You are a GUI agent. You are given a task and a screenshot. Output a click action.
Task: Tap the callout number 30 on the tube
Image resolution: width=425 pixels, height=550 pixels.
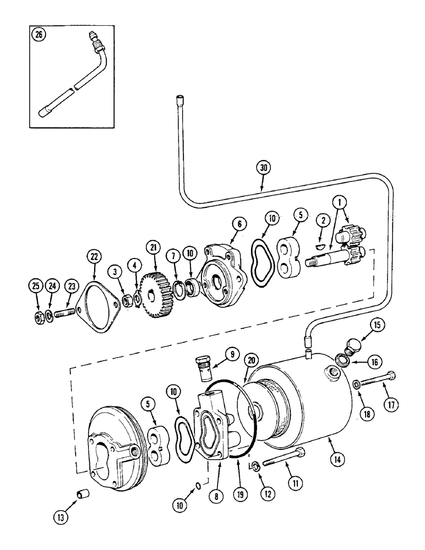pyautogui.click(x=263, y=166)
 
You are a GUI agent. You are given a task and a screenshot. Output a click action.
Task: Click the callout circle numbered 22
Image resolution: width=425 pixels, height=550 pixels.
pyautogui.click(x=94, y=257)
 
